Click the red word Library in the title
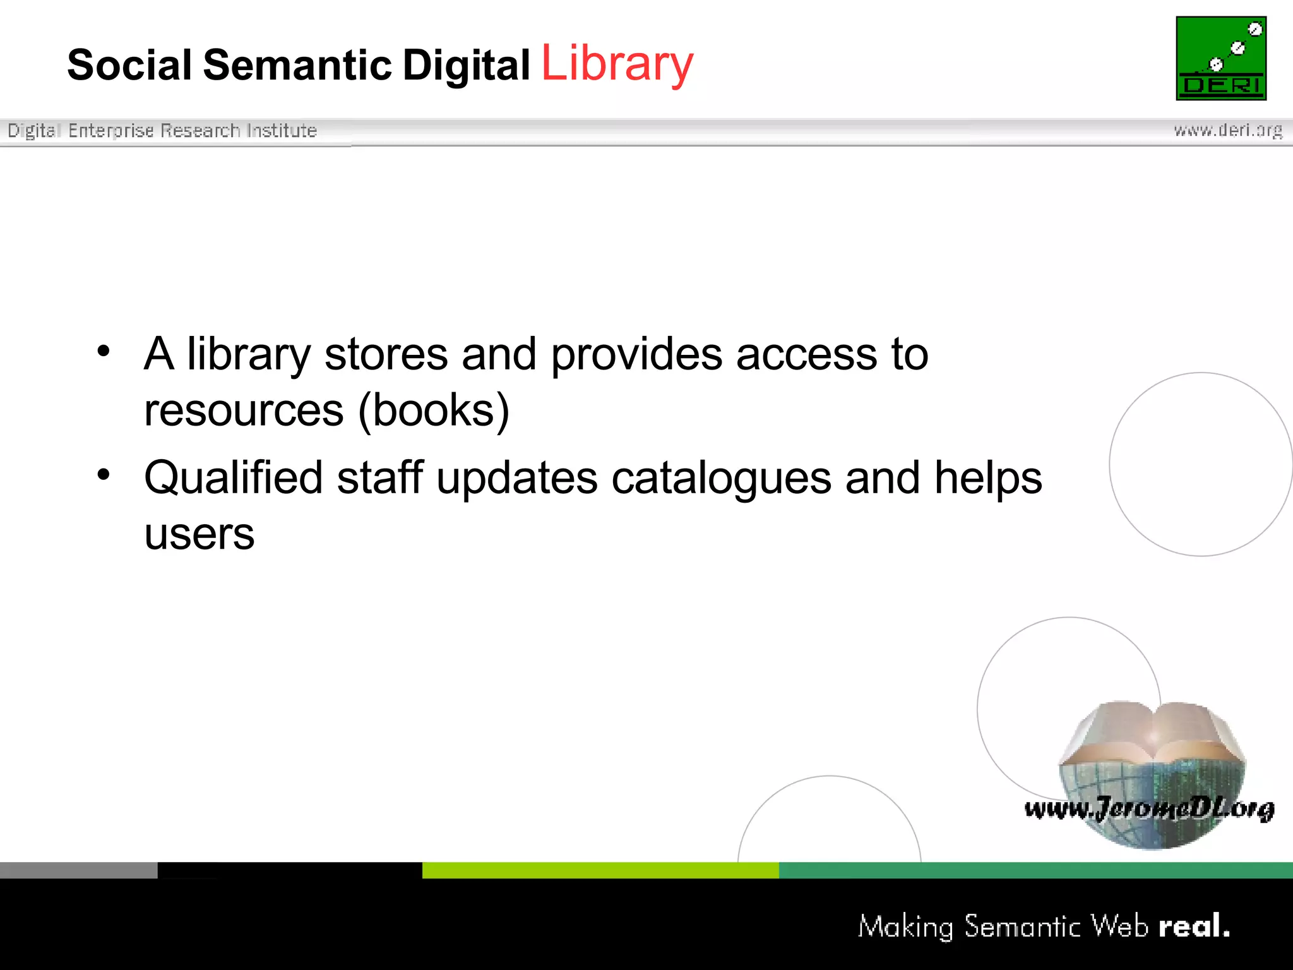tap(617, 64)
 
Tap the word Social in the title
tap(129, 65)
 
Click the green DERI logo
tap(1221, 58)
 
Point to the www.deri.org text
tap(1228, 130)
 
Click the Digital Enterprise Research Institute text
tap(162, 130)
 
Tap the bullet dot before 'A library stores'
tap(104, 351)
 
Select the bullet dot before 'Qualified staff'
tap(104, 475)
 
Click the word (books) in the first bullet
tap(434, 411)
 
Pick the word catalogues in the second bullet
tap(721, 478)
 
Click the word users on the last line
tap(199, 534)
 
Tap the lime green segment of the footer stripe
tap(600, 870)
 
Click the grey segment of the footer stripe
tap(78, 870)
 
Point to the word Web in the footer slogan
tap(1119, 926)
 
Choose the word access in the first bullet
tap(806, 355)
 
